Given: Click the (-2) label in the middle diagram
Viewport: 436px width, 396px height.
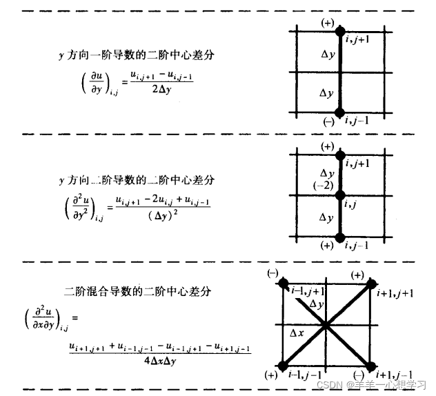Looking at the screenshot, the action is click(323, 184).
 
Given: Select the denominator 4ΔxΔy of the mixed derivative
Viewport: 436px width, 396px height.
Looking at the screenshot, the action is click(160, 359).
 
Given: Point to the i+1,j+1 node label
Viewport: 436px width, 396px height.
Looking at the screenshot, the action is click(395, 293).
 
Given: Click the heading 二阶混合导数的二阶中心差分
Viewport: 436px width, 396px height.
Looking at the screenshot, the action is click(137, 292).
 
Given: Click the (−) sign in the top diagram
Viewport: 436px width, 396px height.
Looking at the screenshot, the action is click(328, 121).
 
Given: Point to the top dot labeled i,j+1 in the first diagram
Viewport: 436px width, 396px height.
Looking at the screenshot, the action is click(339, 31).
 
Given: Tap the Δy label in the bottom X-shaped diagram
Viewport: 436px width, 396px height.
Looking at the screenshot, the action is click(317, 304).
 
